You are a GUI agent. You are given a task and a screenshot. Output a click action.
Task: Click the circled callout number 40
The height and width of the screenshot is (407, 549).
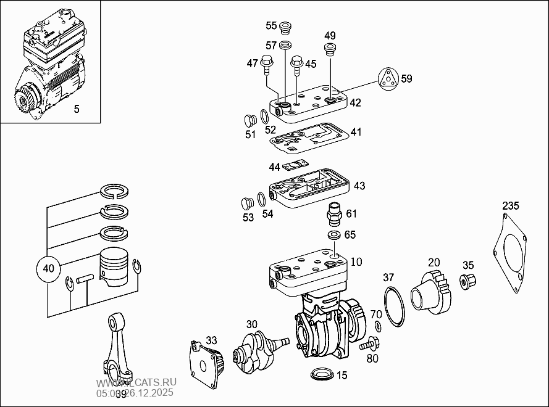49,269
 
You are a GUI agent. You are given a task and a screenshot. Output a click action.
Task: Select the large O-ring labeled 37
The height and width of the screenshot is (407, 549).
393,305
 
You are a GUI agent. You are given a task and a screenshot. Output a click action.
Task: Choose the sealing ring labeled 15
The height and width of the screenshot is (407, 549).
322,375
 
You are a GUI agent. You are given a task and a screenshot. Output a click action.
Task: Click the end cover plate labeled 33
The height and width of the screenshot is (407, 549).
206,364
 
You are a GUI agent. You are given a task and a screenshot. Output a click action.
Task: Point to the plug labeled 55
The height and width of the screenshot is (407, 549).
285,28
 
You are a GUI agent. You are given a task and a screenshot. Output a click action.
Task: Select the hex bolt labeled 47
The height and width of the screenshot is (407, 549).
267,62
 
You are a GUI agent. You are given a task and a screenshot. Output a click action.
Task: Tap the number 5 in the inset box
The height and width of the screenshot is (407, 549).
77,109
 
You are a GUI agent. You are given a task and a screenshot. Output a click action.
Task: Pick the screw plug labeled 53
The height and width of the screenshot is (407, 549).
247,203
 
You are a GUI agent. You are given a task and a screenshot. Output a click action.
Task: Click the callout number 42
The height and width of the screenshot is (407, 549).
355,102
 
